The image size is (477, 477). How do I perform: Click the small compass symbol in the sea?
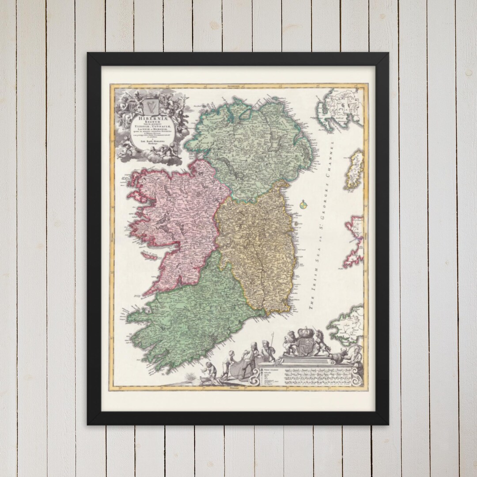[303, 204]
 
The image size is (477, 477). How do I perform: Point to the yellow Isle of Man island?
[356, 170]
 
